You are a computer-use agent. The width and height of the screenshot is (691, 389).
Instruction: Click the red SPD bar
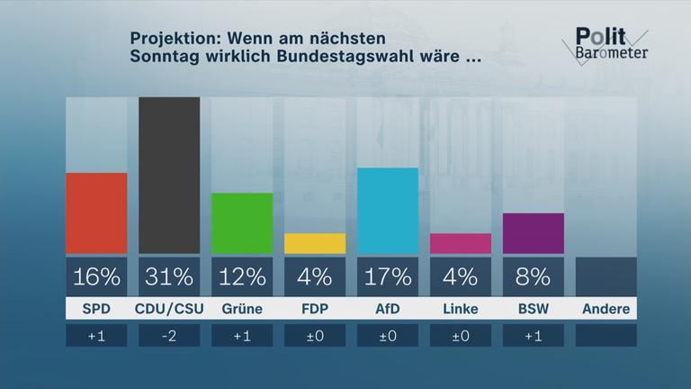(x=96, y=213)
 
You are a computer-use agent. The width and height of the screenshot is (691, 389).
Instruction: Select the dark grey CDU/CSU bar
(x=169, y=176)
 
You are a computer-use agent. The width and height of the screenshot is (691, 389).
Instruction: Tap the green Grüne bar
(x=242, y=223)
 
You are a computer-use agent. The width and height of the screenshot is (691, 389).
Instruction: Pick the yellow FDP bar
(x=315, y=244)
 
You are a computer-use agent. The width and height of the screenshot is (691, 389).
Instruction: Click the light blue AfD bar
(x=388, y=211)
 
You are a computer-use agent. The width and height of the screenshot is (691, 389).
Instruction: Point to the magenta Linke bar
(x=461, y=244)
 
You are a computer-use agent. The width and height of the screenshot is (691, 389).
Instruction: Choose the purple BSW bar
(x=534, y=233)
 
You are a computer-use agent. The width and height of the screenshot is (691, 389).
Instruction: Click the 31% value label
(x=169, y=276)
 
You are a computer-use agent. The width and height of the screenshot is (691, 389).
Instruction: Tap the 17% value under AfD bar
(x=388, y=276)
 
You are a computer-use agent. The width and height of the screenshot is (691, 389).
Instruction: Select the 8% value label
(x=534, y=276)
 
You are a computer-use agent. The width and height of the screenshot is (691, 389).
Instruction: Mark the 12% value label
(x=242, y=276)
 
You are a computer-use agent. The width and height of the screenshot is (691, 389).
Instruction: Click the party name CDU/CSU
(x=169, y=310)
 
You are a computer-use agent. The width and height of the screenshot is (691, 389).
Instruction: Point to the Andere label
(x=606, y=310)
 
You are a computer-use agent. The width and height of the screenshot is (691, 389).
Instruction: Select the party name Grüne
(x=242, y=310)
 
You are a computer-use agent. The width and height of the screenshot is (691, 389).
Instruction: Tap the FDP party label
(x=315, y=310)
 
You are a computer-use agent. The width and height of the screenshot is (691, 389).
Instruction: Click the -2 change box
(x=169, y=336)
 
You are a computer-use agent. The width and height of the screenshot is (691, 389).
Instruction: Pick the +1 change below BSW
(x=534, y=336)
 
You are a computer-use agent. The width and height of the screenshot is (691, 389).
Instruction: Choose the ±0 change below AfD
(x=388, y=336)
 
